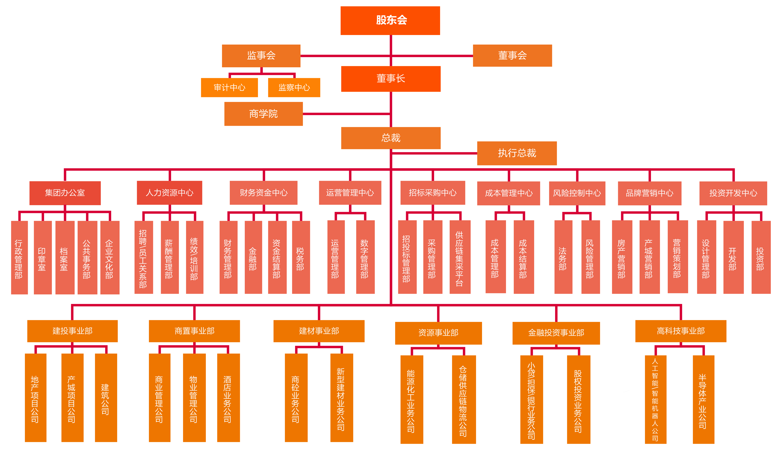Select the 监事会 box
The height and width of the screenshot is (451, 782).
coord(261,56)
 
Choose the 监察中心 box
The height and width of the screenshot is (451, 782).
coord(294,88)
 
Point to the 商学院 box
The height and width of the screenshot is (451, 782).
coord(263,114)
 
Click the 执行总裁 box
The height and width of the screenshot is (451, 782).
coord(517,153)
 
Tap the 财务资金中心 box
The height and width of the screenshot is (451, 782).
coord(263,193)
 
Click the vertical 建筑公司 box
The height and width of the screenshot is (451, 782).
coord(106,398)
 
